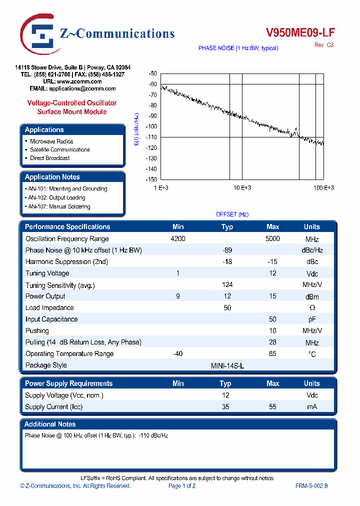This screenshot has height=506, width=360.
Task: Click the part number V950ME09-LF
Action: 300,33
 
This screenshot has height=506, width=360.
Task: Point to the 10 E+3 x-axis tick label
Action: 242,187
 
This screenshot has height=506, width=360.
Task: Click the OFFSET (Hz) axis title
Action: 232,214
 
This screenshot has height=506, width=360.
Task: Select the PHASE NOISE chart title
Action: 238,48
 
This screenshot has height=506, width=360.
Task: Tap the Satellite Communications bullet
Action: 59,149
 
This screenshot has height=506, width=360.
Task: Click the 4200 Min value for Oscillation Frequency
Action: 178,239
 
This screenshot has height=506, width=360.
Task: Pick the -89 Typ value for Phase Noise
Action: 227,250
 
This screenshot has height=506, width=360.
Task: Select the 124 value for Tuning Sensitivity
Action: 227,284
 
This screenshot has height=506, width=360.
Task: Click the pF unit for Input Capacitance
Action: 312,319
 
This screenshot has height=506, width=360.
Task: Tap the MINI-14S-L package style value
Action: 227,365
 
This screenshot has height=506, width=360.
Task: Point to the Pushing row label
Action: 37,330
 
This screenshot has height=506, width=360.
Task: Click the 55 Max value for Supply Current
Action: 272,407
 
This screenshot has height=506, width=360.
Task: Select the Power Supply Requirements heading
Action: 68,383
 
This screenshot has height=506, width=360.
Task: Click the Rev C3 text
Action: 323,45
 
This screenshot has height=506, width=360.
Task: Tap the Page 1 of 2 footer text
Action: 182,486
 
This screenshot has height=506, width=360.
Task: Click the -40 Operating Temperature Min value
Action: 178,353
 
